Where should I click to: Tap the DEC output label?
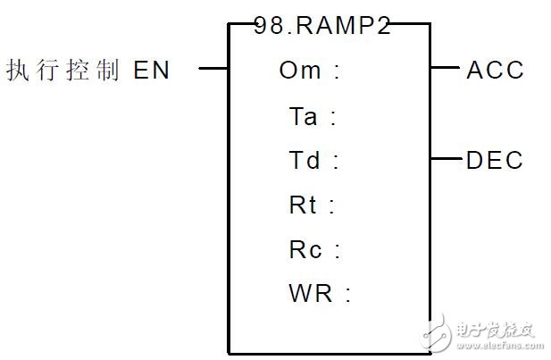tap(495, 161)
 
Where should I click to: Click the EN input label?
tap(152, 70)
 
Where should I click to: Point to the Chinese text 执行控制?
tap(63, 70)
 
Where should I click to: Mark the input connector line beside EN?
tap(213, 68)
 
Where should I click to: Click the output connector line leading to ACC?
tap(444, 68)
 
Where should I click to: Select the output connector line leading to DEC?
tap(444, 159)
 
